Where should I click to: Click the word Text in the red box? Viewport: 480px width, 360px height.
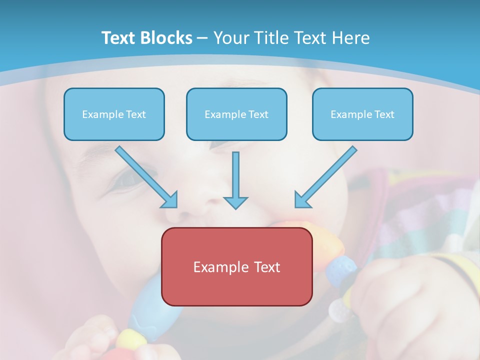click(267, 267)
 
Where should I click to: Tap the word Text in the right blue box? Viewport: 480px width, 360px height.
click(384, 114)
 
